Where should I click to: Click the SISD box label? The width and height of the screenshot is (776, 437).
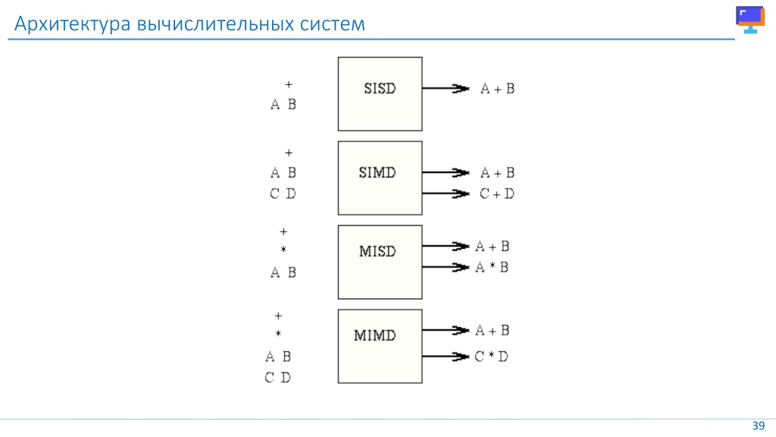click(380, 88)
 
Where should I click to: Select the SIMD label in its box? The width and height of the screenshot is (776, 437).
click(377, 172)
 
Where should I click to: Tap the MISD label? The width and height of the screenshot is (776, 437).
click(377, 251)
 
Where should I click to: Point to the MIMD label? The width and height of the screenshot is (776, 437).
click(374, 335)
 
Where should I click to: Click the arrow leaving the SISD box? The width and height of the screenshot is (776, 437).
click(446, 88)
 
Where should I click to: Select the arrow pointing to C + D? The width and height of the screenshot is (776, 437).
click(446, 193)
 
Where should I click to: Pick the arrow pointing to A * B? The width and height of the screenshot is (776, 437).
click(446, 267)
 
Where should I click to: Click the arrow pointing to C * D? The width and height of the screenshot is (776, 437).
click(446, 357)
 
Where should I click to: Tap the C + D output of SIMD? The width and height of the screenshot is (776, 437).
click(497, 193)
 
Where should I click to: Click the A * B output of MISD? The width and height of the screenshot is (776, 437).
click(492, 267)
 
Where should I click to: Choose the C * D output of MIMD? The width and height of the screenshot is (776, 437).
click(491, 357)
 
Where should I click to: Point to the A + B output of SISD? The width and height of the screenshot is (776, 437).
click(497, 88)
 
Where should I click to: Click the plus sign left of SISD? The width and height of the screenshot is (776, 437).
click(289, 85)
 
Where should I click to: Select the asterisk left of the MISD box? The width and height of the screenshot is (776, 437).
click(283, 249)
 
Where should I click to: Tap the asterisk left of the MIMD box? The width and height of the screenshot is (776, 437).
click(278, 334)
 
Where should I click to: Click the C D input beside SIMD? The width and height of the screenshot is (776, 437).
click(283, 193)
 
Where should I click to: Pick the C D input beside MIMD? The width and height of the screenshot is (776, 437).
click(277, 378)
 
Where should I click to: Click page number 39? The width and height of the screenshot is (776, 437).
click(758, 426)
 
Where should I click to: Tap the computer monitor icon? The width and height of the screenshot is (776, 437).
click(750, 19)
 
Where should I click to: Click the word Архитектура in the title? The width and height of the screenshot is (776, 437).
click(72, 24)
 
